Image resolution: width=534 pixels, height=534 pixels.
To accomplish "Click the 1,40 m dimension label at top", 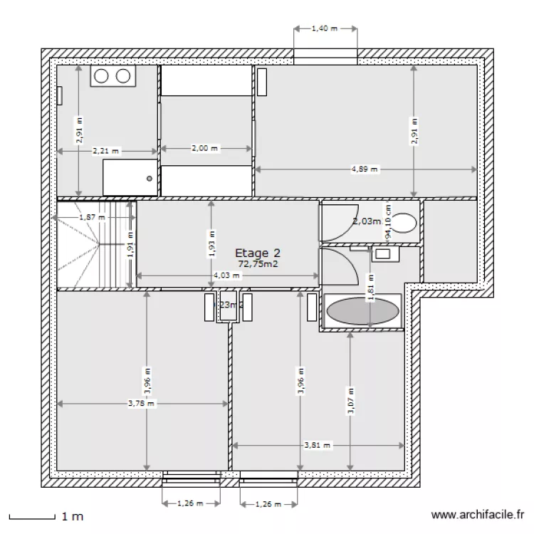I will pos(324,29).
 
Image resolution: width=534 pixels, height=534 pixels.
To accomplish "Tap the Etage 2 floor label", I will pos(256,253).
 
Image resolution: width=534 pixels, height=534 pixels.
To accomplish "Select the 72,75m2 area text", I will pos(257,263).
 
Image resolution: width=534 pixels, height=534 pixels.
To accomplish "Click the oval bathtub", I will pos(362,311).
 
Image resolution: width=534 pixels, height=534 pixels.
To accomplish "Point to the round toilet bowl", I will pos(404,223).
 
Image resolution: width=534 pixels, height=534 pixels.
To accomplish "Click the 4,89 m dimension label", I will pos(365,169).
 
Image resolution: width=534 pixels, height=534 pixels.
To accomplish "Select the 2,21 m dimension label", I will pos(105,150).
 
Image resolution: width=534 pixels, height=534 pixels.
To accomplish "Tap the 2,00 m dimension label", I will pos(205,149).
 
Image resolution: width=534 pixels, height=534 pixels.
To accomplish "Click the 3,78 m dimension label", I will pos(141,404).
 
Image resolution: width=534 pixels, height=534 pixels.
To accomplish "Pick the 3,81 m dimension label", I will pos(318,446).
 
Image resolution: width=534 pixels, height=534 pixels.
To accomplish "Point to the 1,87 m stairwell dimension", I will pos(92,217).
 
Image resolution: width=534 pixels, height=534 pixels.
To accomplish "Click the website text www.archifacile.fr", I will pos(478,515).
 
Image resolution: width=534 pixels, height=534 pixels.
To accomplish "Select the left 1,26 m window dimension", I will pos(190,503).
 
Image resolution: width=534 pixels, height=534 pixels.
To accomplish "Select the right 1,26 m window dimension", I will pos(268,503).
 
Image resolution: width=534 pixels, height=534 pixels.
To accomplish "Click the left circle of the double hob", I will pos(101,76).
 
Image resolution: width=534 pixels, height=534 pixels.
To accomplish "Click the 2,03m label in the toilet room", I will pos(367,221).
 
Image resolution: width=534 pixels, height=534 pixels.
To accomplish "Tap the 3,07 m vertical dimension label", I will pos(350,401).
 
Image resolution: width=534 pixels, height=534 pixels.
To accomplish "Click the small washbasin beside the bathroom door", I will pos(383,252).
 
